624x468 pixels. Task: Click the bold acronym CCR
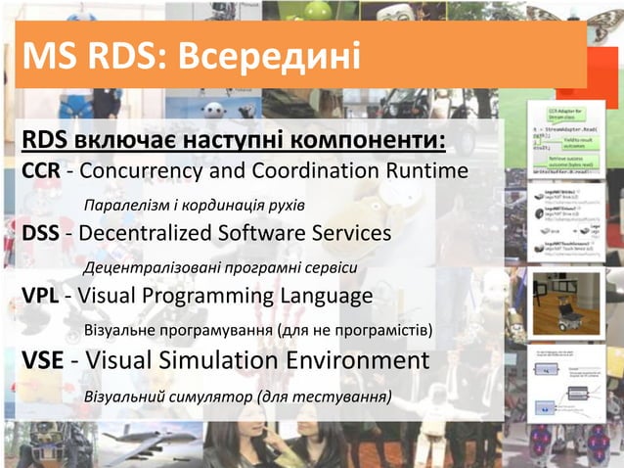(x=41, y=172)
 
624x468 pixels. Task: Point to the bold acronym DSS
(x=40, y=235)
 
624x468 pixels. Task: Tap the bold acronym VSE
(x=42, y=361)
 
